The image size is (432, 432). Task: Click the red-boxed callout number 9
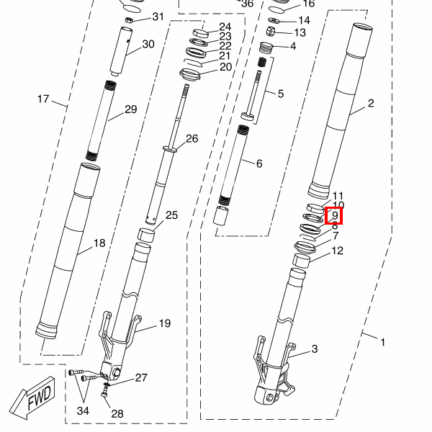pos(334,215)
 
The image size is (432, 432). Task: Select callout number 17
pos(43,99)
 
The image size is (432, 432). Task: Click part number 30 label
pos(148,44)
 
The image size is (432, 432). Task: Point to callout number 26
pos(192,138)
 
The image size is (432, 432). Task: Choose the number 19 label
pos(165,323)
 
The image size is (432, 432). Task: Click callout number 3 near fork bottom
pos(315,349)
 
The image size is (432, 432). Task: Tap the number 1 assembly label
pos(382,342)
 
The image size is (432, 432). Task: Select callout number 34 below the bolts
pos(84,410)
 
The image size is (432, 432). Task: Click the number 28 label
pos(117,413)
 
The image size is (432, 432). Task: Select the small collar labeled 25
pos(146,235)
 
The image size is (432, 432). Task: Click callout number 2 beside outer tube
pos(371,103)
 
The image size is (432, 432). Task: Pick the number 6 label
pos(258,163)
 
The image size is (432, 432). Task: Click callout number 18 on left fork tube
pos(99,243)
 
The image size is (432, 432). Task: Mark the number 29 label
pos(130,109)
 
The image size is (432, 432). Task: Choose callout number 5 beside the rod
pos(280,94)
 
